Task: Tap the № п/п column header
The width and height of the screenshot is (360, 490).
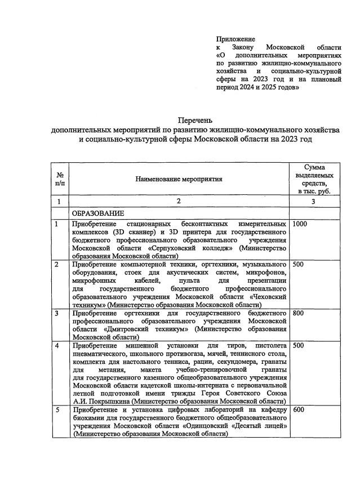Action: (59, 179)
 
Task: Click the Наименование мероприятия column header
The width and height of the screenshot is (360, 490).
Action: (179, 179)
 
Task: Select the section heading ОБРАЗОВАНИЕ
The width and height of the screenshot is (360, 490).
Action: (97, 213)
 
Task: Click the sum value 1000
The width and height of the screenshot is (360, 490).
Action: (301, 224)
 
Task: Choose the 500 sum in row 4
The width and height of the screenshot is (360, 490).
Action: (299, 345)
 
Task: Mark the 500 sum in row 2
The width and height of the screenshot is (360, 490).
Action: (299, 264)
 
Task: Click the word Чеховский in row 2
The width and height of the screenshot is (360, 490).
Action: (270, 296)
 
